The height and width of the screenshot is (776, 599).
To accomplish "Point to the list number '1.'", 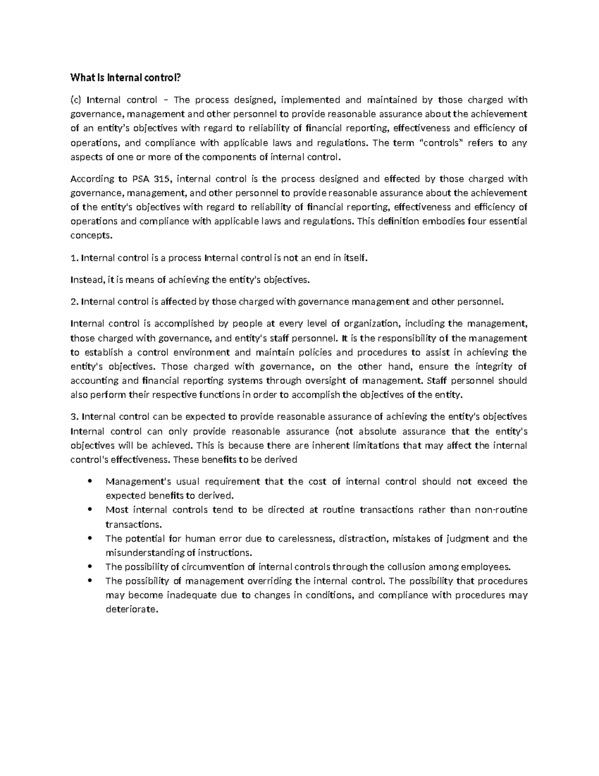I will click(75, 258).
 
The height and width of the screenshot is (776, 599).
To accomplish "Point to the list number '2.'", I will click(75, 301).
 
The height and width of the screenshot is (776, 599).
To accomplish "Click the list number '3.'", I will click(75, 417).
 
